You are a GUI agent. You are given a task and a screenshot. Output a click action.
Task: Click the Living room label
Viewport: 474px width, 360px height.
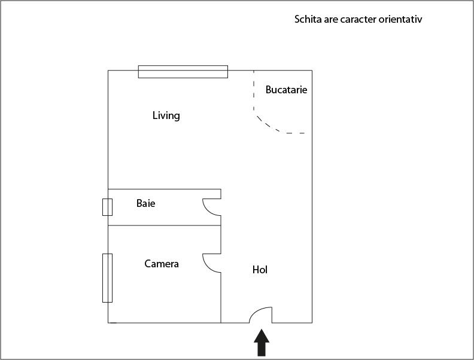(x=166, y=115)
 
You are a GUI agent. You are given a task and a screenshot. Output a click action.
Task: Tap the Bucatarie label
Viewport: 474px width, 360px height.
(x=286, y=90)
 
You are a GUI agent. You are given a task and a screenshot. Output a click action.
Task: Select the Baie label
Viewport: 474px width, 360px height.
(x=145, y=203)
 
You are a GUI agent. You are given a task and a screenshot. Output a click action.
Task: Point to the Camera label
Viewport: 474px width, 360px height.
(x=162, y=264)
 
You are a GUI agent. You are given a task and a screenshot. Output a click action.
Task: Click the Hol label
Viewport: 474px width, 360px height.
(x=260, y=270)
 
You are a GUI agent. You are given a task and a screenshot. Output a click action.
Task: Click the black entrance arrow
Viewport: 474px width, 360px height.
(x=262, y=343)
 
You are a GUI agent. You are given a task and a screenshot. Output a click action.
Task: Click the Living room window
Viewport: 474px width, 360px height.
(x=183, y=72)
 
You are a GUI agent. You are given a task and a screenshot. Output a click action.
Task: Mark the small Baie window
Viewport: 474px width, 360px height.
(x=107, y=207)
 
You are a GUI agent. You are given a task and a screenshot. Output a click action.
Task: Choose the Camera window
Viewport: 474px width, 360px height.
(x=107, y=278)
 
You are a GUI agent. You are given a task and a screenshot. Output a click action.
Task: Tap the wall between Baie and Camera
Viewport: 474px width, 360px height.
(x=165, y=225)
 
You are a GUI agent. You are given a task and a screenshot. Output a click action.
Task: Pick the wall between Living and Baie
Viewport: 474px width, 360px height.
(x=165, y=189)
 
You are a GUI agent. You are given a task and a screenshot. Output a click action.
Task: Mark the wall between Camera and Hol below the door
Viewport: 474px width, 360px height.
(x=221, y=298)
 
